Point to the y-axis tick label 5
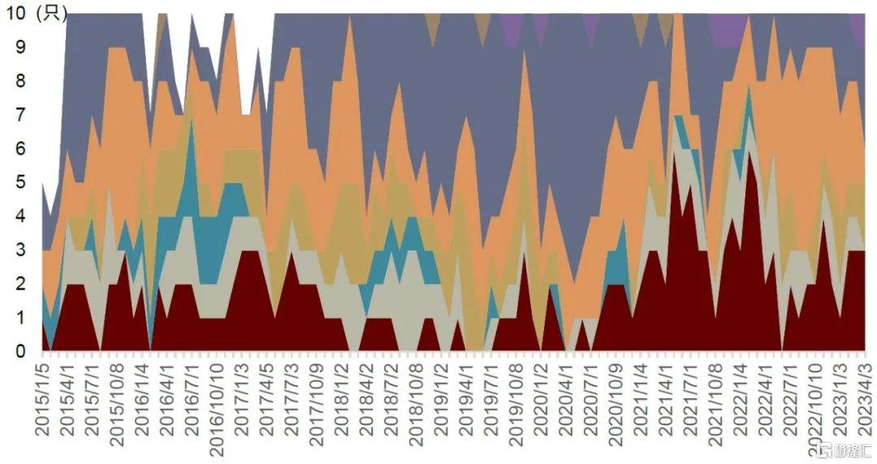click(x=20, y=183)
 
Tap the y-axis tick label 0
click(x=20, y=351)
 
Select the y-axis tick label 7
click(x=20, y=115)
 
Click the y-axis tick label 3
click(x=20, y=250)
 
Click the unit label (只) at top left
click(x=52, y=14)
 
